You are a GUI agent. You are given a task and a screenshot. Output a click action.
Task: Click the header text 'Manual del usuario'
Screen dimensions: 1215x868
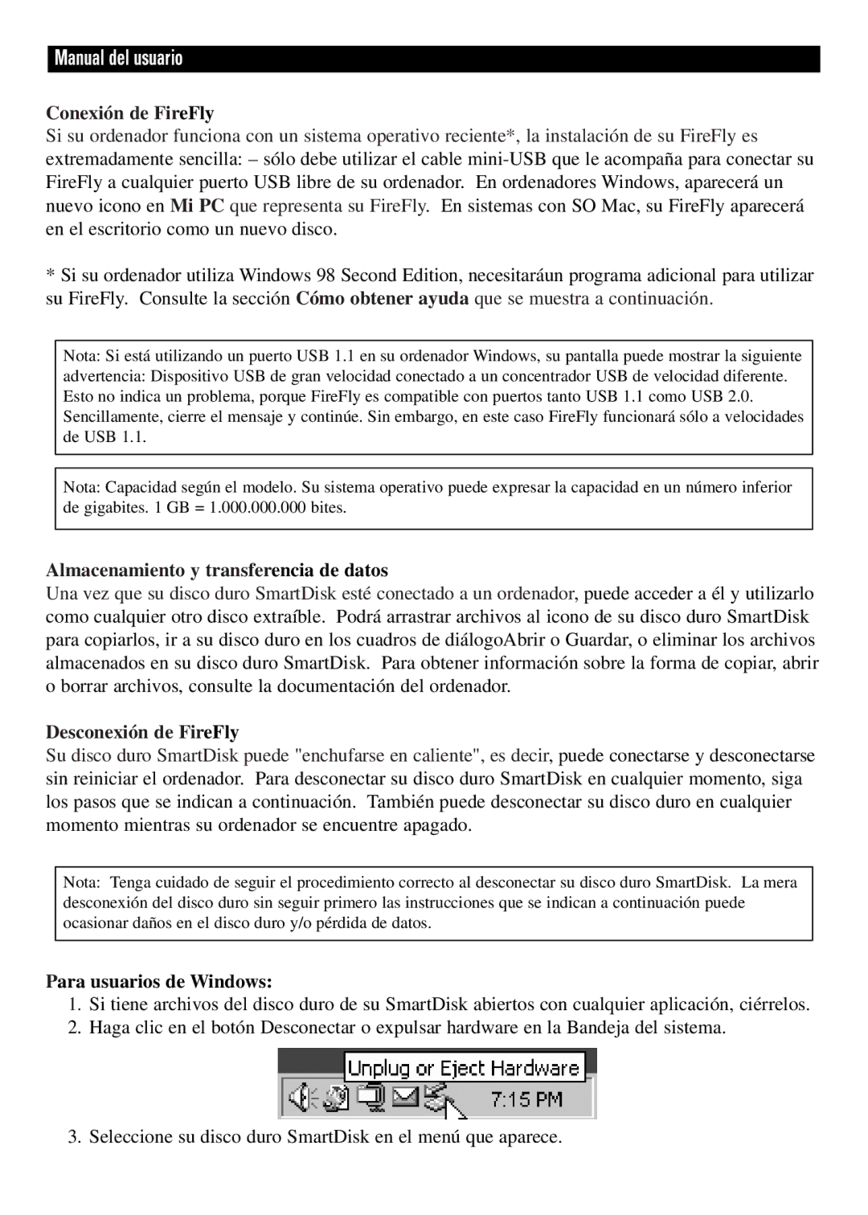[118, 59]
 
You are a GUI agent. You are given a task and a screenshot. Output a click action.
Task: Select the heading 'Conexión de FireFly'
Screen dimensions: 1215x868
[129, 112]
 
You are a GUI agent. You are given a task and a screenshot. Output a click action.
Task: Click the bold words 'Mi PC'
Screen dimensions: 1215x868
[197, 206]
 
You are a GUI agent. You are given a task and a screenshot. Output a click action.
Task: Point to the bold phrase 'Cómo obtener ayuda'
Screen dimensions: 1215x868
[382, 299]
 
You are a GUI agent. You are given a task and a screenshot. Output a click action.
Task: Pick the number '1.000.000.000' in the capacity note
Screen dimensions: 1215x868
[257, 508]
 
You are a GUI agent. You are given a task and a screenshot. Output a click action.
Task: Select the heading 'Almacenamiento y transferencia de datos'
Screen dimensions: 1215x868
[217, 571]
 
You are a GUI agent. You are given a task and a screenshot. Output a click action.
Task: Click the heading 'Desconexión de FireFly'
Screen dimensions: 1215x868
[142, 732]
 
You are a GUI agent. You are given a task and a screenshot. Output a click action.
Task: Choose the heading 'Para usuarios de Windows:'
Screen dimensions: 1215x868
[159, 981]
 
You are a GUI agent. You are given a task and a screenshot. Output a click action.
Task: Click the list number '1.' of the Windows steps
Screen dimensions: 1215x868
[75, 1004]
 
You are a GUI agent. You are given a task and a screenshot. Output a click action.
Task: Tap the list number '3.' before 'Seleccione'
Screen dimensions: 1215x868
[75, 1136]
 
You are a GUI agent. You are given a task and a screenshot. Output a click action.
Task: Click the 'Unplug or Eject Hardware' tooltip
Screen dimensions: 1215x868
[464, 1069]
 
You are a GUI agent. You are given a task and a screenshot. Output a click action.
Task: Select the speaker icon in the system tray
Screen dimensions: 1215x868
[300, 1098]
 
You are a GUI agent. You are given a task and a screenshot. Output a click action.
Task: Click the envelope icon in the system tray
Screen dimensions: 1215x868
[406, 1097]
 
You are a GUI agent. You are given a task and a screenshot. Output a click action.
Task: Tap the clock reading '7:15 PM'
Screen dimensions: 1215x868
[526, 1098]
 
